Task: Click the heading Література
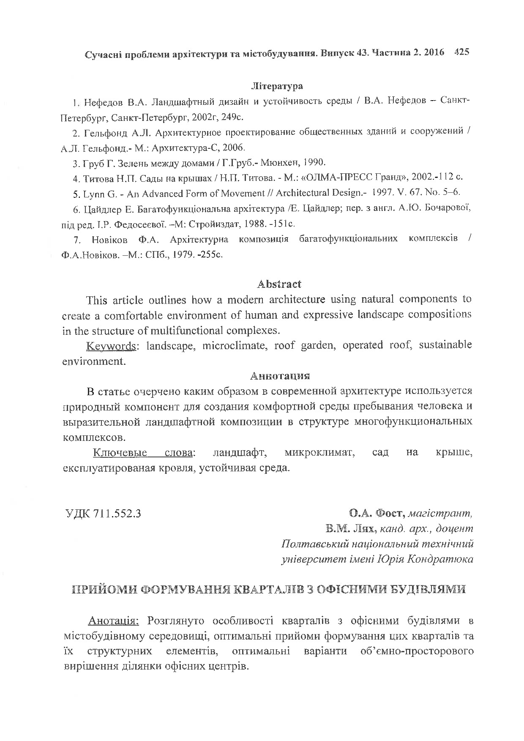tap(277, 86)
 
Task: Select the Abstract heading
tap(279, 284)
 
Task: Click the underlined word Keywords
tap(111, 346)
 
